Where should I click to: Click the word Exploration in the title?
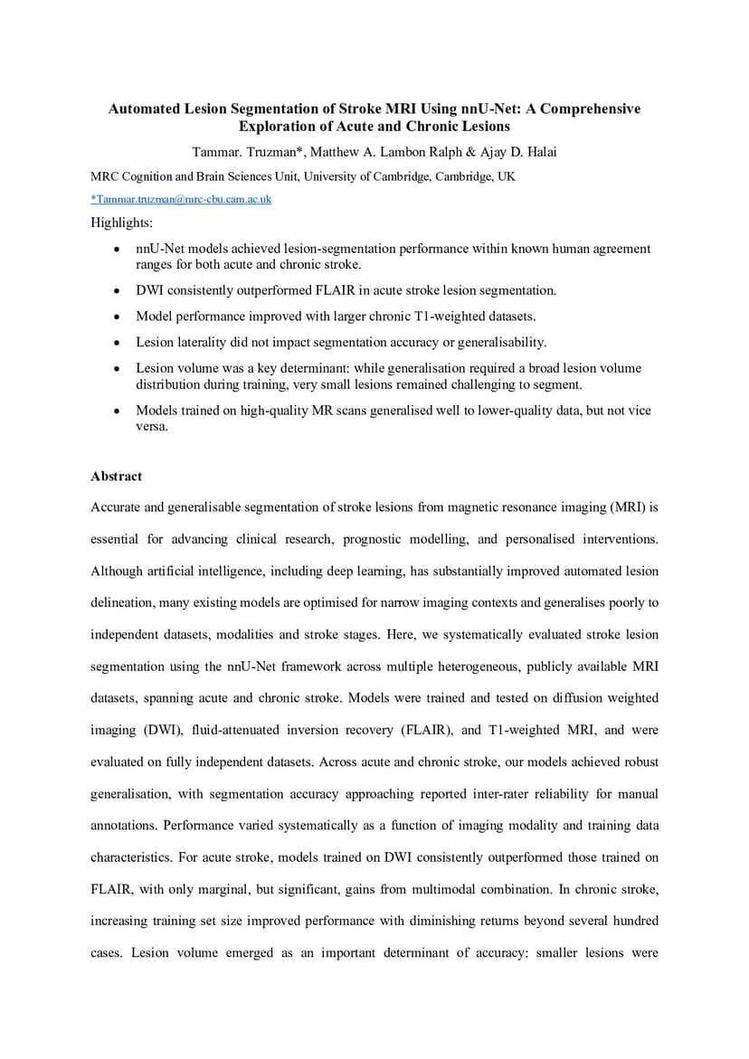point(275,127)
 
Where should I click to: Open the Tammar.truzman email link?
point(181,199)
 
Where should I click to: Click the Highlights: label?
point(122,222)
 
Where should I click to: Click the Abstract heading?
point(116,476)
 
